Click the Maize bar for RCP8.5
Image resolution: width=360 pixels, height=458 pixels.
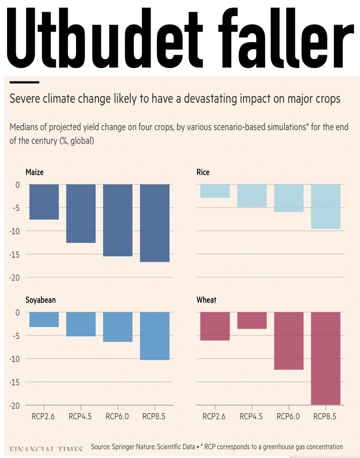point(154,223)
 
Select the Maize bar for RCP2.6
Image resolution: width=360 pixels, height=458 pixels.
point(44,202)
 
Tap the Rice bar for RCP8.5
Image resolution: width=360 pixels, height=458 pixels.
point(325,206)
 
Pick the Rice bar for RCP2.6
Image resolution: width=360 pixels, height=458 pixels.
point(215,191)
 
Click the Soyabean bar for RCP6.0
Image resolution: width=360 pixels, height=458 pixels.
point(118,327)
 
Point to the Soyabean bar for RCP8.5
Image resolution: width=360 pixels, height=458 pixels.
point(154,336)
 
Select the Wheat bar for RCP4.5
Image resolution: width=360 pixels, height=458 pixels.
point(252,320)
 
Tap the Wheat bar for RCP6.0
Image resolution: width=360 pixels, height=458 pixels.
point(289,341)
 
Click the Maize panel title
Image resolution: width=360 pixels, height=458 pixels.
point(35,173)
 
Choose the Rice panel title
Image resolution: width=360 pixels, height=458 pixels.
point(203,173)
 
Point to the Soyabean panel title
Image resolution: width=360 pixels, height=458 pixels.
point(41,300)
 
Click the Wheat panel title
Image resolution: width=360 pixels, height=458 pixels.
point(206,300)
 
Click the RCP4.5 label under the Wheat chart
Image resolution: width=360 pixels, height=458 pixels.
point(252,416)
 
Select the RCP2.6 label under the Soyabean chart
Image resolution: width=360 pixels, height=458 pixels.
point(44,416)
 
